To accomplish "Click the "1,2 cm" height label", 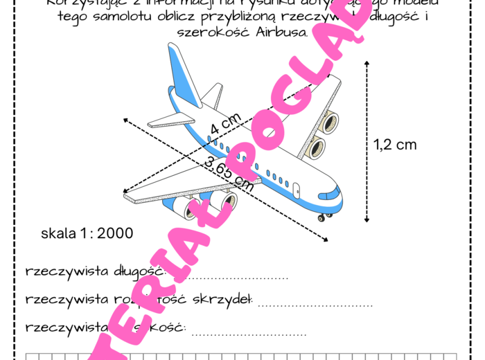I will click(x=395, y=145).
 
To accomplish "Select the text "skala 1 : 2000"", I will click(x=87, y=233).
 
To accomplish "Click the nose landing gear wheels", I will click(x=322, y=219).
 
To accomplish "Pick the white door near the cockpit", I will click(x=297, y=188).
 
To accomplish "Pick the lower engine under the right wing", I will click(x=315, y=147).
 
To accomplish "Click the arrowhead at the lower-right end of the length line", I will click(x=326, y=240).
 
